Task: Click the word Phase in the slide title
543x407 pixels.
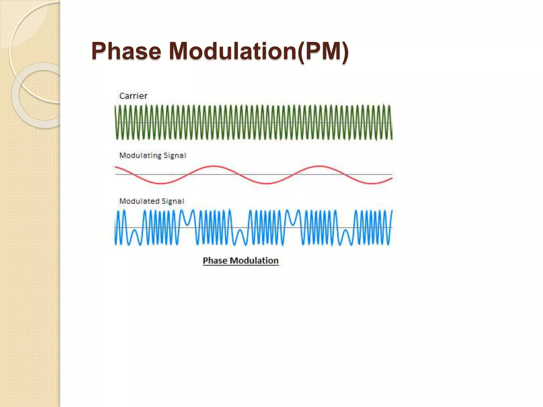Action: click(126, 51)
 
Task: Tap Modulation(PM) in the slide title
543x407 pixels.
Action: click(259, 51)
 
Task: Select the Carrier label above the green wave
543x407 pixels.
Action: click(133, 96)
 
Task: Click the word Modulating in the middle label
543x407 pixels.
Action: click(140, 155)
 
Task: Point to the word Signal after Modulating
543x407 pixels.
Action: click(175, 155)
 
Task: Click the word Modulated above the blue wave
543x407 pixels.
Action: click(139, 201)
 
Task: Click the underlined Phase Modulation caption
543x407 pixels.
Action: click(240, 260)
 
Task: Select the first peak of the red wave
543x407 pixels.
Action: click(213, 166)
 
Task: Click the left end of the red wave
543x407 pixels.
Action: click(115, 167)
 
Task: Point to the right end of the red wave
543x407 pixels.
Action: click(392, 178)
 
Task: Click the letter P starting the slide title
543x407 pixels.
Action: click(98, 51)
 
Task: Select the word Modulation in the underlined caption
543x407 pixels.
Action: click(254, 260)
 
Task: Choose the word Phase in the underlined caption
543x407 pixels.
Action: click(215, 260)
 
